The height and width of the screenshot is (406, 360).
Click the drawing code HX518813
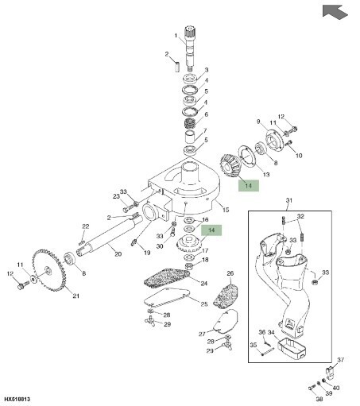(x=17, y=399)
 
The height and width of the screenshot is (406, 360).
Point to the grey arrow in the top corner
(x=335, y=12)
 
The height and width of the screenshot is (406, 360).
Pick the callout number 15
(x=226, y=210)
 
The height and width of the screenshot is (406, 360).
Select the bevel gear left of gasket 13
(x=230, y=165)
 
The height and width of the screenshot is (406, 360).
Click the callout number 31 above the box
(x=289, y=200)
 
